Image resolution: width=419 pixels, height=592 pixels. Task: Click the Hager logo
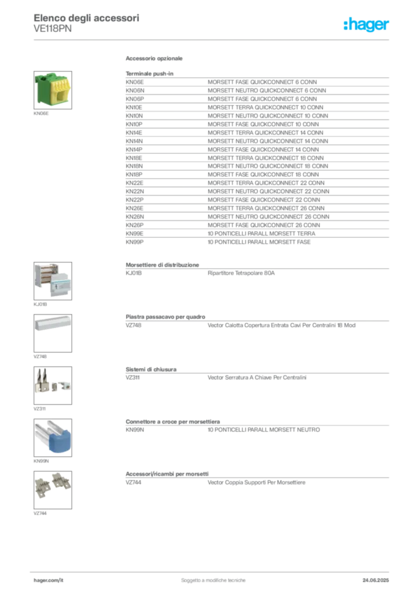click(x=366, y=25)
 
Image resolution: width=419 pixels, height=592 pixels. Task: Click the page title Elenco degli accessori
click(x=87, y=18)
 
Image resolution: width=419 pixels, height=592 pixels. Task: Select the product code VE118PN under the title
click(x=53, y=29)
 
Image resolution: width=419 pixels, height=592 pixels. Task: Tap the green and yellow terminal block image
click(x=53, y=90)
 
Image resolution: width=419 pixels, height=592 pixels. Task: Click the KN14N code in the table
click(x=134, y=141)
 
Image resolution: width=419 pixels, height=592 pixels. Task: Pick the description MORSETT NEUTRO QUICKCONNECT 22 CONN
click(x=269, y=191)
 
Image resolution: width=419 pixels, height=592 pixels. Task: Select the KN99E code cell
click(x=134, y=234)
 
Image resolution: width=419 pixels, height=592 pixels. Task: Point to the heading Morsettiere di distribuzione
click(x=163, y=265)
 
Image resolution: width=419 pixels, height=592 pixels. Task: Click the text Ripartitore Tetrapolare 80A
click(x=241, y=273)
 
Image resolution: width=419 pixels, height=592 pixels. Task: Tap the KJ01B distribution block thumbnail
click(x=53, y=282)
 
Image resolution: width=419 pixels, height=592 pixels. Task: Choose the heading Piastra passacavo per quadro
click(x=166, y=317)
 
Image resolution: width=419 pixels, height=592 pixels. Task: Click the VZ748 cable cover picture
click(x=53, y=334)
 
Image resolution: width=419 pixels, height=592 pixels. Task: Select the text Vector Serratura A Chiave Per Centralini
click(x=257, y=378)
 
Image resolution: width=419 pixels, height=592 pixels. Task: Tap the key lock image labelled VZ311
click(x=53, y=386)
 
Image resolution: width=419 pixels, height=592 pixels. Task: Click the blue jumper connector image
click(x=53, y=438)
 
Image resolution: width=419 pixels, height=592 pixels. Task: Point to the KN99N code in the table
click(x=135, y=430)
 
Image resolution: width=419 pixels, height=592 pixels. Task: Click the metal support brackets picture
click(x=53, y=490)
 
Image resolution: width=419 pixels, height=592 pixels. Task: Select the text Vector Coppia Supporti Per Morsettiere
click(x=256, y=483)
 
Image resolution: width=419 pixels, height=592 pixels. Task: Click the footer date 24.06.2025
click(x=376, y=580)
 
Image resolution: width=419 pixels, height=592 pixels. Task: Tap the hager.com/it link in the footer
click(x=49, y=580)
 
